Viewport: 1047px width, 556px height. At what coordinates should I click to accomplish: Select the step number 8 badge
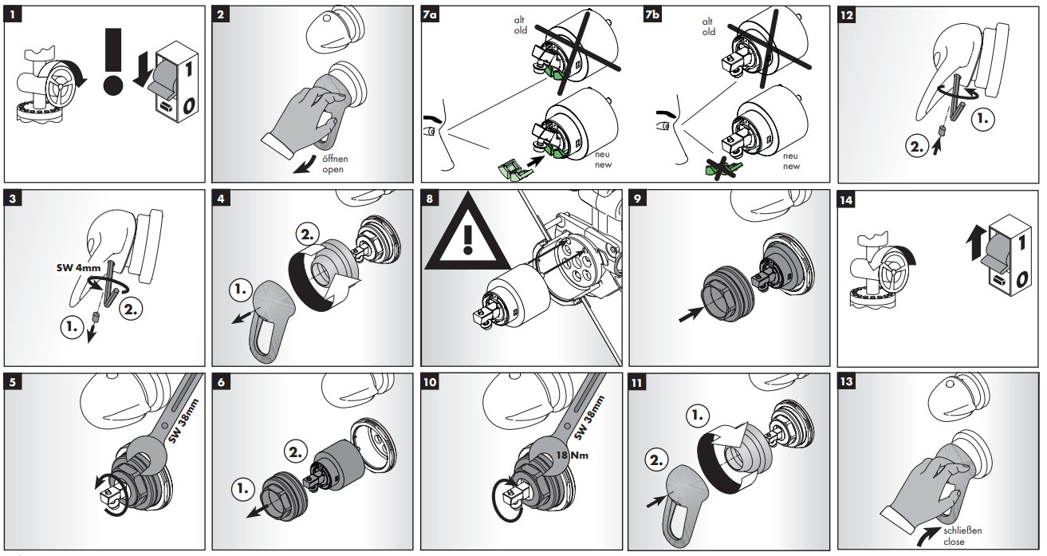[431, 201]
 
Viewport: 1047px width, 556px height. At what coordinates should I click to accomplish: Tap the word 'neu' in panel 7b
[790, 156]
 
